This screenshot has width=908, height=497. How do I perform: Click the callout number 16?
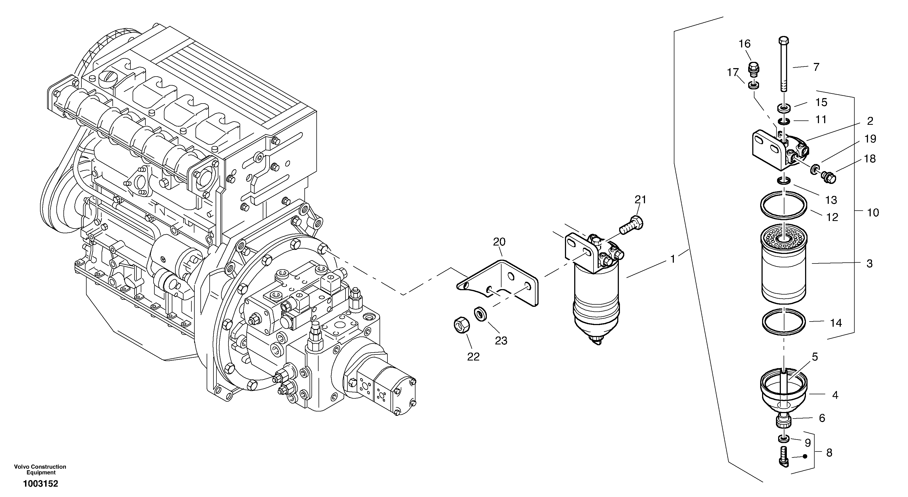745,44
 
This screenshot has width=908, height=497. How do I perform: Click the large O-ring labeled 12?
783,208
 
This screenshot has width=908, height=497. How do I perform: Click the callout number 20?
499,242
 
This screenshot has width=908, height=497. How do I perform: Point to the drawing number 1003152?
41,484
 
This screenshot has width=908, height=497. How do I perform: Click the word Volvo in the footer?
21,467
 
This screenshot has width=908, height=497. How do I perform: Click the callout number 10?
873,213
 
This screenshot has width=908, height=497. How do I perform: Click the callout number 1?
672,259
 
